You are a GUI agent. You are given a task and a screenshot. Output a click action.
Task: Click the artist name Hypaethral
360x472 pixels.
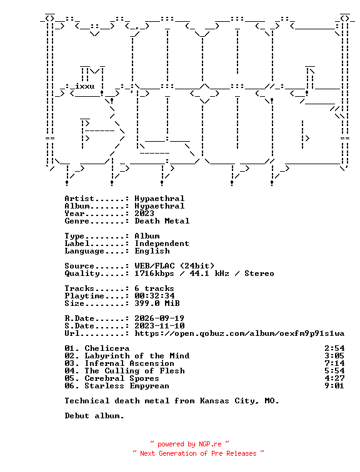click(x=159, y=199)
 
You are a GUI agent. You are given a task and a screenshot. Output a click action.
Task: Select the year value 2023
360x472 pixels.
click(x=144, y=214)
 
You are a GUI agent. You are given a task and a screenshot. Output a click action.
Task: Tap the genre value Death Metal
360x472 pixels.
click(x=162, y=221)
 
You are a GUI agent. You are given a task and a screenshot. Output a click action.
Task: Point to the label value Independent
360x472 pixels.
click(x=162, y=243)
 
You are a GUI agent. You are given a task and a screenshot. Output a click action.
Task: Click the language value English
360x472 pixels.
click(x=152, y=251)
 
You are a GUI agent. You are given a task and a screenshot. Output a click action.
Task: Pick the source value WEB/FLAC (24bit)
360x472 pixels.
click(x=174, y=266)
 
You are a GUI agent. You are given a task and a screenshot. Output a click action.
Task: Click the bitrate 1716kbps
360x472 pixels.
click(x=154, y=273)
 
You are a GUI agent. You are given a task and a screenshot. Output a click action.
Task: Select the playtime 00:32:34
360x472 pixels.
click(x=154, y=296)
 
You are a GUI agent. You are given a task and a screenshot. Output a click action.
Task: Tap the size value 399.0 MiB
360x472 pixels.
click(x=157, y=303)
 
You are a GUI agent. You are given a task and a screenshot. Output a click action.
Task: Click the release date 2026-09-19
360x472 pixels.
click(x=159, y=318)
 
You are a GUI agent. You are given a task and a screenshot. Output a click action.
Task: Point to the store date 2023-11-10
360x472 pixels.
click(x=159, y=326)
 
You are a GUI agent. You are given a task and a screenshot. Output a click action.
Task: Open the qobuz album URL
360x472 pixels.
click(x=239, y=333)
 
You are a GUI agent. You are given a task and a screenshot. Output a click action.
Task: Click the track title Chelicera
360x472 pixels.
click(x=107, y=348)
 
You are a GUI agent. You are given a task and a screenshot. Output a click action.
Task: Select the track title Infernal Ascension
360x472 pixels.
click(x=129, y=363)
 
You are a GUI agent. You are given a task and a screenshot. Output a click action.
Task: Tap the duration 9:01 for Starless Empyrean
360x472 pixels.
click(x=334, y=386)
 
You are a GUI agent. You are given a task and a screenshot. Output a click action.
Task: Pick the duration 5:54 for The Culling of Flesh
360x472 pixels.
click(x=334, y=371)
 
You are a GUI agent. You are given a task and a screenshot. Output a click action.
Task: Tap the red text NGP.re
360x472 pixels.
click(x=210, y=445)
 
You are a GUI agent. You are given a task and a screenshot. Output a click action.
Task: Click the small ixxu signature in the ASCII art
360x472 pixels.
click(x=84, y=86)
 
